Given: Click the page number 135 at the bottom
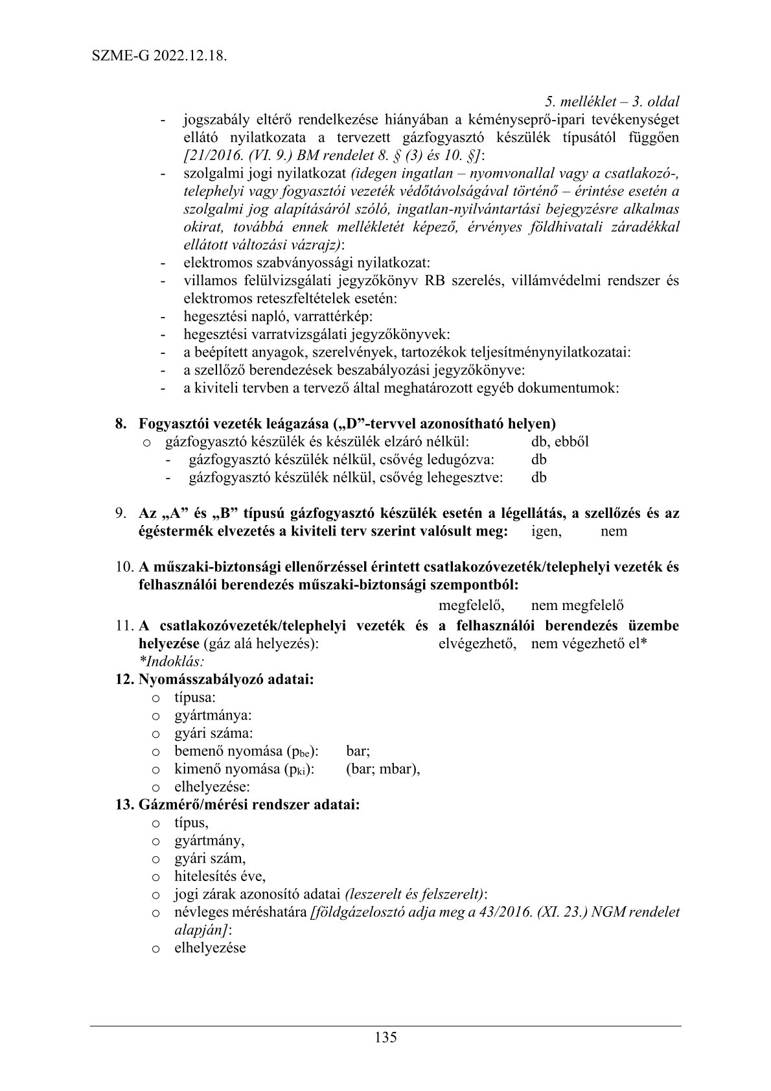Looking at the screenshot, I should click(385, 1037).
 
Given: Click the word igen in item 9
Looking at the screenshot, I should click(546, 531).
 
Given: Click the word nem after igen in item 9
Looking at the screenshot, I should click(614, 531).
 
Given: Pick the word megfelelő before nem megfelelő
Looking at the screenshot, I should click(472, 605).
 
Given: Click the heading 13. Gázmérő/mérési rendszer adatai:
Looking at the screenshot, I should click(237, 805).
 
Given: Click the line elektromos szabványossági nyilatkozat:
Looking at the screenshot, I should click(306, 263).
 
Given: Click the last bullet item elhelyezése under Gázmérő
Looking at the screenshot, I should click(210, 948).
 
